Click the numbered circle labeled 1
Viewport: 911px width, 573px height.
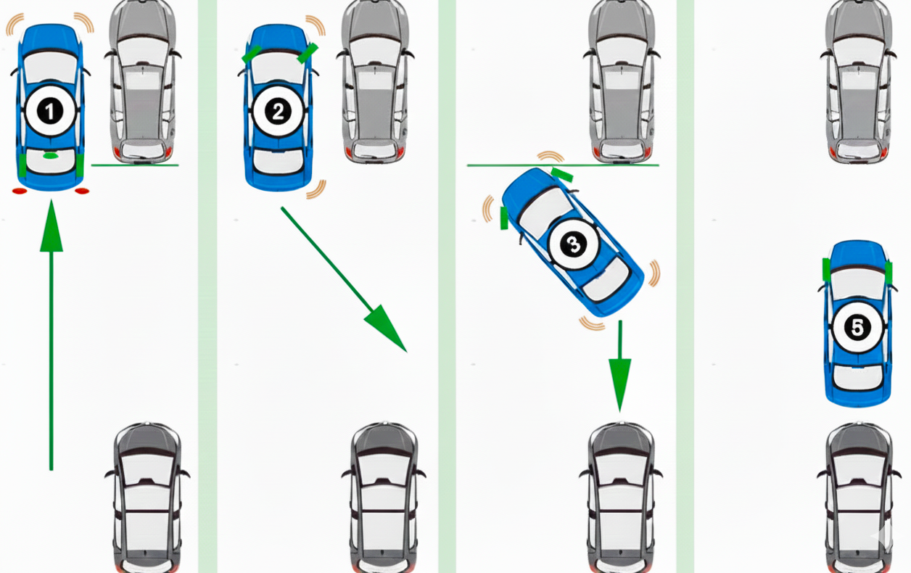[x=49, y=112]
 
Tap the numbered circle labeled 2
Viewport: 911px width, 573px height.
[x=277, y=112]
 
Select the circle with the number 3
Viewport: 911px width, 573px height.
[x=573, y=245]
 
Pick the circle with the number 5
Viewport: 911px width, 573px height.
[x=857, y=328]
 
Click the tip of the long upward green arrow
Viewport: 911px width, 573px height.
[x=51, y=207]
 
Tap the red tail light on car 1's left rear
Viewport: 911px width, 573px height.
[x=19, y=191]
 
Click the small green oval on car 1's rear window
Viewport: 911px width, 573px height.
[x=50, y=155]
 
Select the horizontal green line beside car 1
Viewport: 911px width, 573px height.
[x=135, y=165]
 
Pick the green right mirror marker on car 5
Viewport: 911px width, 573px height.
[x=889, y=271]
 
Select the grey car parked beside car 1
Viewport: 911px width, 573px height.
[x=142, y=80]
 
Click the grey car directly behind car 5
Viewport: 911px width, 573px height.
[x=860, y=497]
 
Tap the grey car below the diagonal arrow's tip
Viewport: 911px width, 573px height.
[x=384, y=497]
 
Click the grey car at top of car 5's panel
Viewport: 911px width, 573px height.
[x=860, y=80]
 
